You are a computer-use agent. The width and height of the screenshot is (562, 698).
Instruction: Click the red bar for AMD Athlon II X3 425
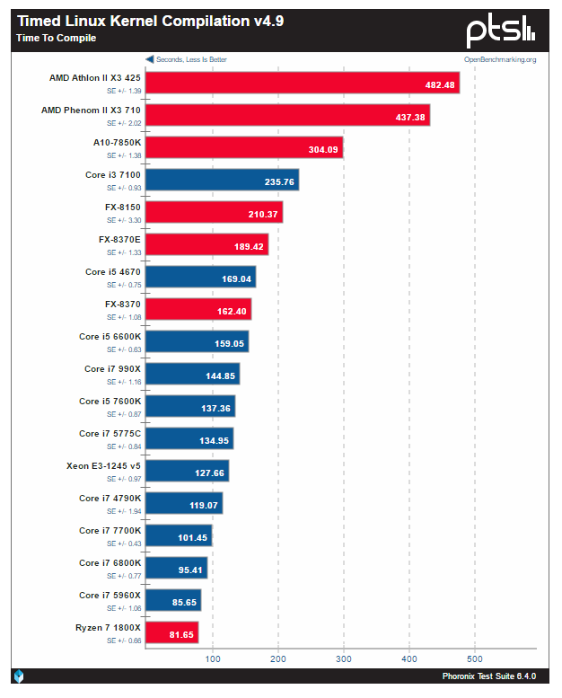[x=303, y=83]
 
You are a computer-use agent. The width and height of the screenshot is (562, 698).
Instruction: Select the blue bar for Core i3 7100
[x=223, y=180]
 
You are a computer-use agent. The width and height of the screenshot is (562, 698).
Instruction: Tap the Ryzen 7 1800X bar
[x=172, y=632]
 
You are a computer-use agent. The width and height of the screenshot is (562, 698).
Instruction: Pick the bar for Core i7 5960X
[x=173, y=600]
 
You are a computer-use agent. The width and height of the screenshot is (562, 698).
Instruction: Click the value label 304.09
[x=323, y=149]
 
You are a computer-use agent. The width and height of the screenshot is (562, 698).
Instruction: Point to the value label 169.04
[x=236, y=279]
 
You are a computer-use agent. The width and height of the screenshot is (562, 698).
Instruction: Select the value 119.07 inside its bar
[x=204, y=505]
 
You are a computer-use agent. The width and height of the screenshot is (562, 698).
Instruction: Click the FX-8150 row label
[x=123, y=207]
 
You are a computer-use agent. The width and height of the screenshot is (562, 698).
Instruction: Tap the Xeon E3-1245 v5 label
[x=103, y=465]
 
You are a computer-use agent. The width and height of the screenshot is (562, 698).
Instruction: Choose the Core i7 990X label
[x=112, y=368]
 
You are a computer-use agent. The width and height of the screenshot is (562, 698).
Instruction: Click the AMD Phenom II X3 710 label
[x=91, y=110]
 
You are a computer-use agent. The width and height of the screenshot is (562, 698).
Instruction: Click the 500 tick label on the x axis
[x=475, y=658]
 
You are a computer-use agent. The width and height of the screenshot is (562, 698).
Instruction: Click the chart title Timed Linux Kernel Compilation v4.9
[x=151, y=21]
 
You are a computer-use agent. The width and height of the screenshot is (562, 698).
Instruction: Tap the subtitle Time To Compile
[x=56, y=38]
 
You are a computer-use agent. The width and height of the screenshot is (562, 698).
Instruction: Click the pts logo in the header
[x=501, y=30]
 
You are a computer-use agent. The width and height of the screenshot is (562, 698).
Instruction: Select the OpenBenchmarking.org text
[x=500, y=59]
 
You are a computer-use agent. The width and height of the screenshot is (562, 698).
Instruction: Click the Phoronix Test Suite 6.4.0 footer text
[x=489, y=676]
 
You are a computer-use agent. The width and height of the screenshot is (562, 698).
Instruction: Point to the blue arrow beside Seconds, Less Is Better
[x=150, y=59]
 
